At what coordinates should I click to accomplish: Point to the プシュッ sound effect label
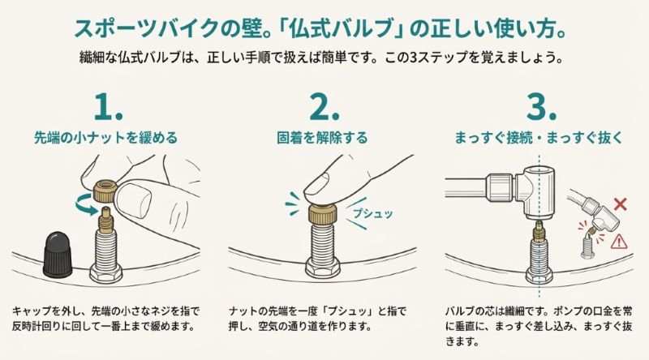pyautogui.click(x=370, y=213)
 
